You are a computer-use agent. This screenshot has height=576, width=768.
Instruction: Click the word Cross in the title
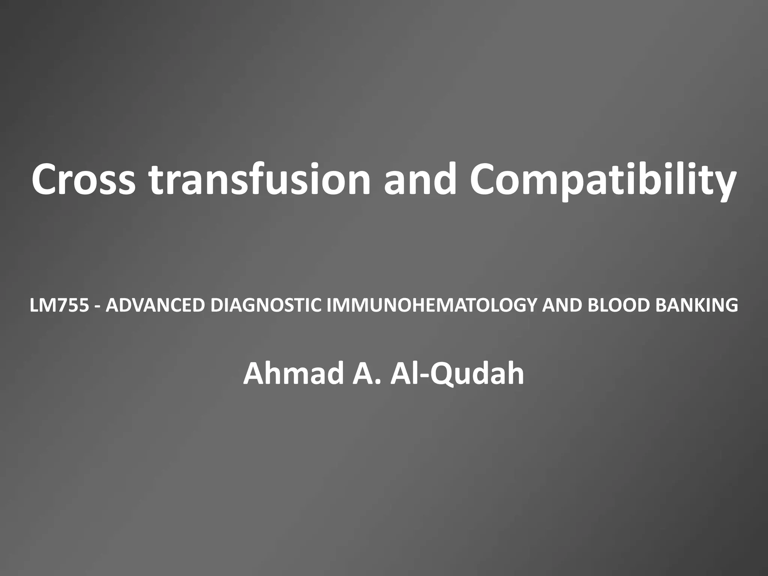(83, 179)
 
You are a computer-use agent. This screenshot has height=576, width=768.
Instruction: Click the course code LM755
(60, 306)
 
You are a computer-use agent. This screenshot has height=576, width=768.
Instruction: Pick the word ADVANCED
(155, 306)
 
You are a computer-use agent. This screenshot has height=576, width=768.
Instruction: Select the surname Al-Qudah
(457, 375)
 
